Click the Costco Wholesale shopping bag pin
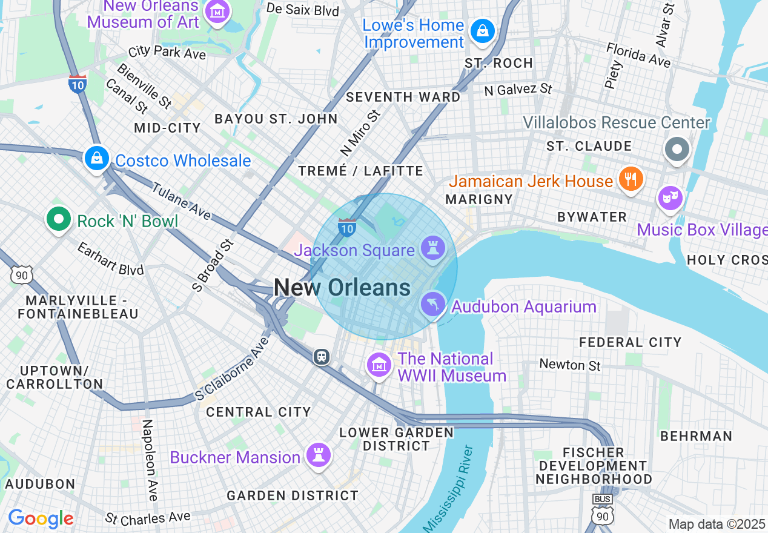pyautogui.click(x=96, y=159)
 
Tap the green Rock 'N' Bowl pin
pyautogui.click(x=59, y=220)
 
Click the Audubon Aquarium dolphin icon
pyautogui.click(x=432, y=304)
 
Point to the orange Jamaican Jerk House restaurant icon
pyautogui.click(x=631, y=179)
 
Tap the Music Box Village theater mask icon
pyautogui.click(x=670, y=198)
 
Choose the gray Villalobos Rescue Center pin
pyautogui.click(x=677, y=149)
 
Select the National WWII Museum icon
pyautogui.click(x=379, y=365)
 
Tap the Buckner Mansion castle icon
pyautogui.click(x=317, y=454)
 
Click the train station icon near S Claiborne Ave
pyautogui.click(x=322, y=357)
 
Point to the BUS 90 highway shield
pyautogui.click(x=602, y=509)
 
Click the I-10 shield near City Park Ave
pyautogui.click(x=77, y=83)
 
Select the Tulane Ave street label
pyautogui.click(x=180, y=201)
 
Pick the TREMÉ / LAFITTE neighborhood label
pyautogui.click(x=360, y=171)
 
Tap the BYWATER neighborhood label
pyautogui.click(x=592, y=217)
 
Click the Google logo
pyautogui.click(x=41, y=518)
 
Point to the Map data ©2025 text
pyautogui.click(x=717, y=524)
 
